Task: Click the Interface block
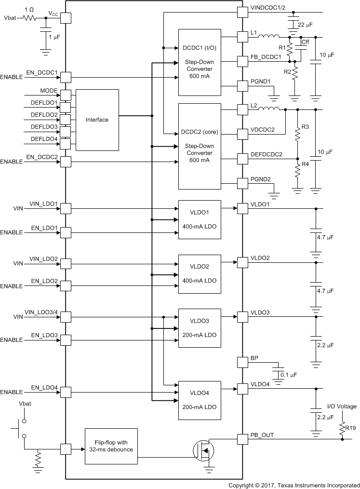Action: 97,120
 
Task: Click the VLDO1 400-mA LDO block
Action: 200,219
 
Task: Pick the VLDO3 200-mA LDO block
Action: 200,327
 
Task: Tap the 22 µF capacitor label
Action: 306,25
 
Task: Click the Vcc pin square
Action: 65,18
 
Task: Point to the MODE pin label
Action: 49,90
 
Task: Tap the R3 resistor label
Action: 305,127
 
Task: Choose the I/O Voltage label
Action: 342,406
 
